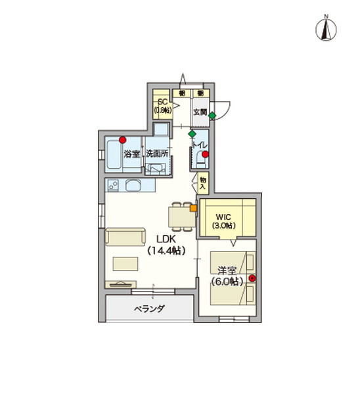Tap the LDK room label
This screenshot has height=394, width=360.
point(166,239)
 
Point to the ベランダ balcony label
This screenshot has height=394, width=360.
point(149,308)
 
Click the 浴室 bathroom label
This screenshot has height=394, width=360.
point(132,154)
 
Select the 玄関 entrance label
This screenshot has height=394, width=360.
point(200,112)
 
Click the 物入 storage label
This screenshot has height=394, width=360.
point(203,182)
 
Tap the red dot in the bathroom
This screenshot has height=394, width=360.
point(123,139)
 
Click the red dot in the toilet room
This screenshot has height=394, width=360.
point(206,155)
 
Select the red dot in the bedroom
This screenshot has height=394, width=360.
point(252,278)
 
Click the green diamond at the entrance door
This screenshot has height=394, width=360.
point(212,116)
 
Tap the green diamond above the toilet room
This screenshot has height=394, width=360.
point(191,134)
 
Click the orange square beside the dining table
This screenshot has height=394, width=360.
point(194,209)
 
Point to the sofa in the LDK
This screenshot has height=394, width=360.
point(125,237)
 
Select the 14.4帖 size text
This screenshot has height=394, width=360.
point(166,251)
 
